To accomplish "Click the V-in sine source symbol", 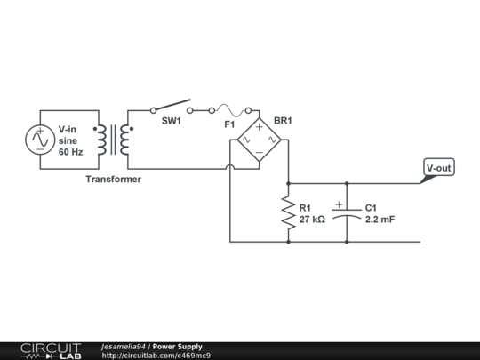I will pos(40,140).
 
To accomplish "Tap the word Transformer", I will pos(113,179).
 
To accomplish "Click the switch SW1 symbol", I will pos(171,108).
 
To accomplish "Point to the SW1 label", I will pos(171,122).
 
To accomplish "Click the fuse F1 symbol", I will pos(229,109).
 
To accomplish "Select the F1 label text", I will pos(229,124).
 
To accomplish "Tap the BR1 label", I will pos(283,120).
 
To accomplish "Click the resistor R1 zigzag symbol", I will pos(288,212).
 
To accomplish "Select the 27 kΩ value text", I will pos(312,219).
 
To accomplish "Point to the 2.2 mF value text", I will pos(380,219).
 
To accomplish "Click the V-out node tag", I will pos(439,168).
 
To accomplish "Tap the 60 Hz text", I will pos(70,152).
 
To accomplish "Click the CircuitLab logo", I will pos(50,350).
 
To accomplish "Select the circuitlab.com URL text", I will pos(156,356).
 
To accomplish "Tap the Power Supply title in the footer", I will pos(178,347).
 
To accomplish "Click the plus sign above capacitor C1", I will pos(339,204).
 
